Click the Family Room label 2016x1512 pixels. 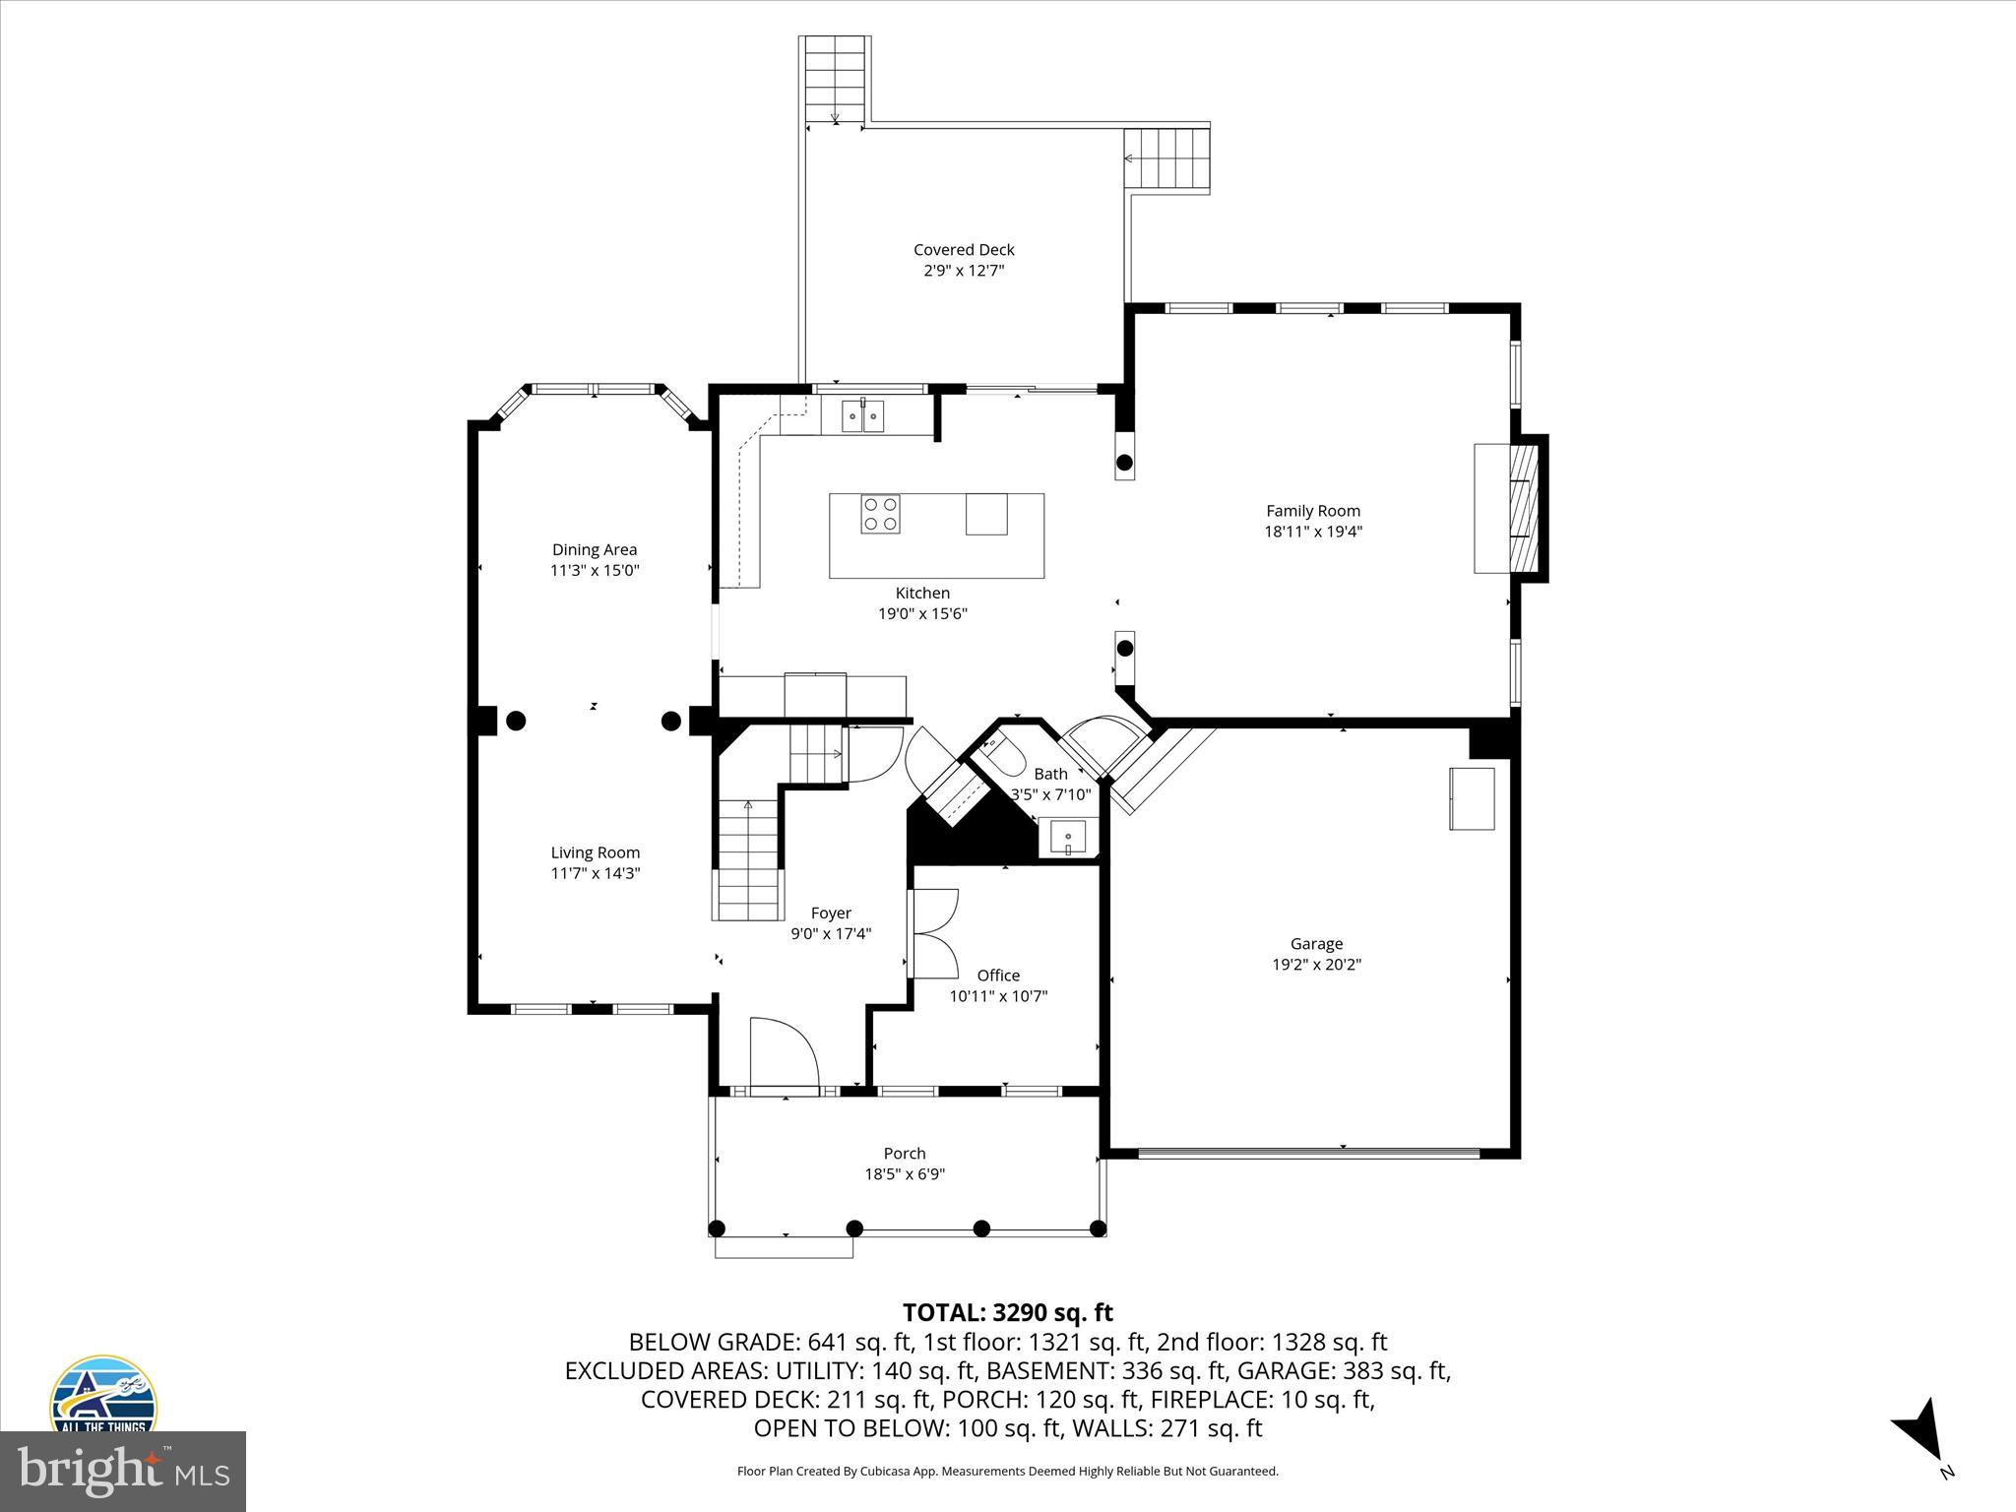tap(1312, 510)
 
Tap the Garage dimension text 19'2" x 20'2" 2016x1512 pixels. tap(1316, 965)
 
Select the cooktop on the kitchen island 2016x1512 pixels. tap(880, 514)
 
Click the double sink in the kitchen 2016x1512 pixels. tap(863, 416)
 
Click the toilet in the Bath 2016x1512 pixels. tap(1002, 759)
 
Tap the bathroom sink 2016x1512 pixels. tap(1067, 839)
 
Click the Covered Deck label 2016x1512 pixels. tap(963, 250)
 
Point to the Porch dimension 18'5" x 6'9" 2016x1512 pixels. tap(904, 1174)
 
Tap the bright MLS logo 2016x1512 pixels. tap(123, 1472)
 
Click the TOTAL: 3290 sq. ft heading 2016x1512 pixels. tap(1007, 1312)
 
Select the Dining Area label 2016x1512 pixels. tap(594, 549)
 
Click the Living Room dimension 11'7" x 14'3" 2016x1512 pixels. tap(595, 873)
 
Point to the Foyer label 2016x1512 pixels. tap(830, 913)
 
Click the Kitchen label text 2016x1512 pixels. tap(921, 593)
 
